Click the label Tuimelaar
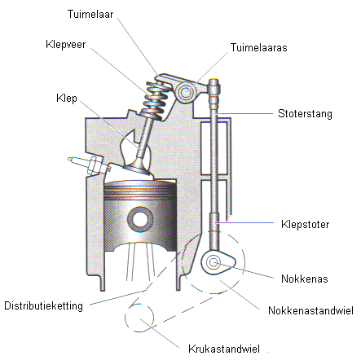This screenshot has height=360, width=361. (90, 14)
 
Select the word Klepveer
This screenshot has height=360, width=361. (66, 45)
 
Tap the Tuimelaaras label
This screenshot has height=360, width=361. (258, 47)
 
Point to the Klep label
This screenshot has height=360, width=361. (67, 99)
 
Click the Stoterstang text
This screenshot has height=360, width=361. (305, 114)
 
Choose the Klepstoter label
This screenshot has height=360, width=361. (306, 225)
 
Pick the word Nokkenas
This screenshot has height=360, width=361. (305, 279)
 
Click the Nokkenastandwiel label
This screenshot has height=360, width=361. (310, 310)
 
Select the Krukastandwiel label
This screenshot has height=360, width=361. (224, 349)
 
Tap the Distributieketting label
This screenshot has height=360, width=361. (44, 305)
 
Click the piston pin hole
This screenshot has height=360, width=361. (140, 219)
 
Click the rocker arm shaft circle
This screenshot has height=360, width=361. (186, 93)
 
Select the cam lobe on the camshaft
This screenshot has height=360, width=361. (218, 262)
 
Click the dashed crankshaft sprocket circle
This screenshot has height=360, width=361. (139, 317)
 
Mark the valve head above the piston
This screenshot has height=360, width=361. (137, 168)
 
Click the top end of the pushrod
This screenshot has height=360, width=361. (214, 81)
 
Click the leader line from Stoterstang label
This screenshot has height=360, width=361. (244, 113)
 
